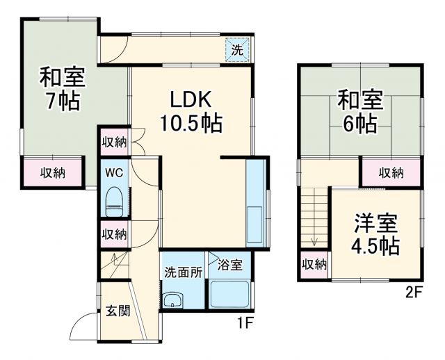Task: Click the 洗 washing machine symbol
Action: click(x=237, y=50)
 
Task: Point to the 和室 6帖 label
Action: click(x=359, y=111)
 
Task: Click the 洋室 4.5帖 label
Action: click(x=375, y=234)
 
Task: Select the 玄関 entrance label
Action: click(x=118, y=310)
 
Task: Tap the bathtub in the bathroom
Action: click(x=229, y=295)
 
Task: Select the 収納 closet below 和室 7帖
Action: click(x=52, y=172)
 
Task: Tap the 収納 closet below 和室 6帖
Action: click(x=391, y=172)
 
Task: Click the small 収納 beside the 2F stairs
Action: click(x=314, y=264)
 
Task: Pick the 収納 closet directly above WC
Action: click(x=114, y=142)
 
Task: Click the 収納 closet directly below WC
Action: click(x=114, y=234)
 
